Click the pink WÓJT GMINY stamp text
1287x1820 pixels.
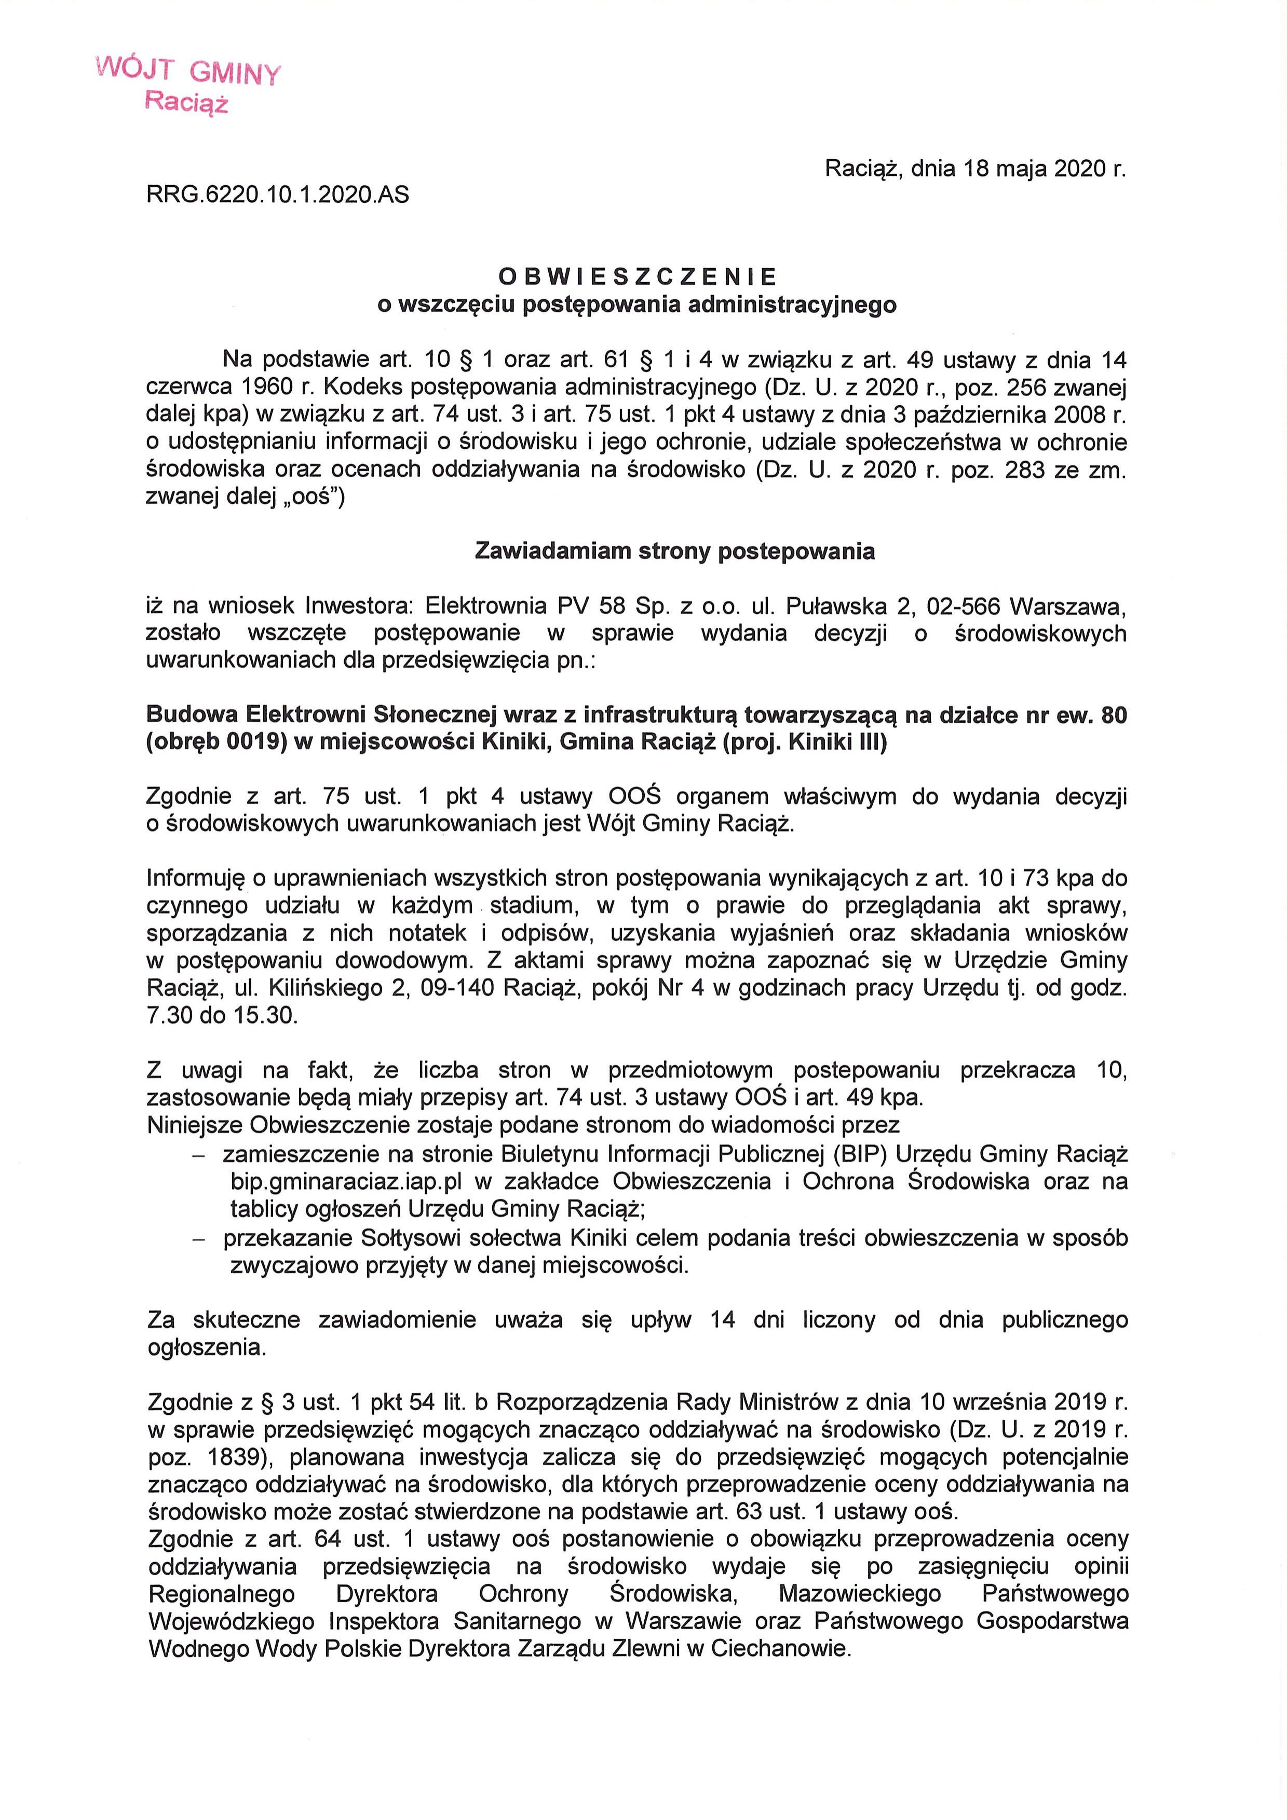tap(188, 72)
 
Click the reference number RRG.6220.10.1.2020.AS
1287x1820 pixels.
tap(278, 194)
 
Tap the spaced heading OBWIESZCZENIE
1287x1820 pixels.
tap(638, 277)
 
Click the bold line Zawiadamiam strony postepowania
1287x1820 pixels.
tap(674, 551)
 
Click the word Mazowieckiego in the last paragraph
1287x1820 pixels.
tap(860, 1593)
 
